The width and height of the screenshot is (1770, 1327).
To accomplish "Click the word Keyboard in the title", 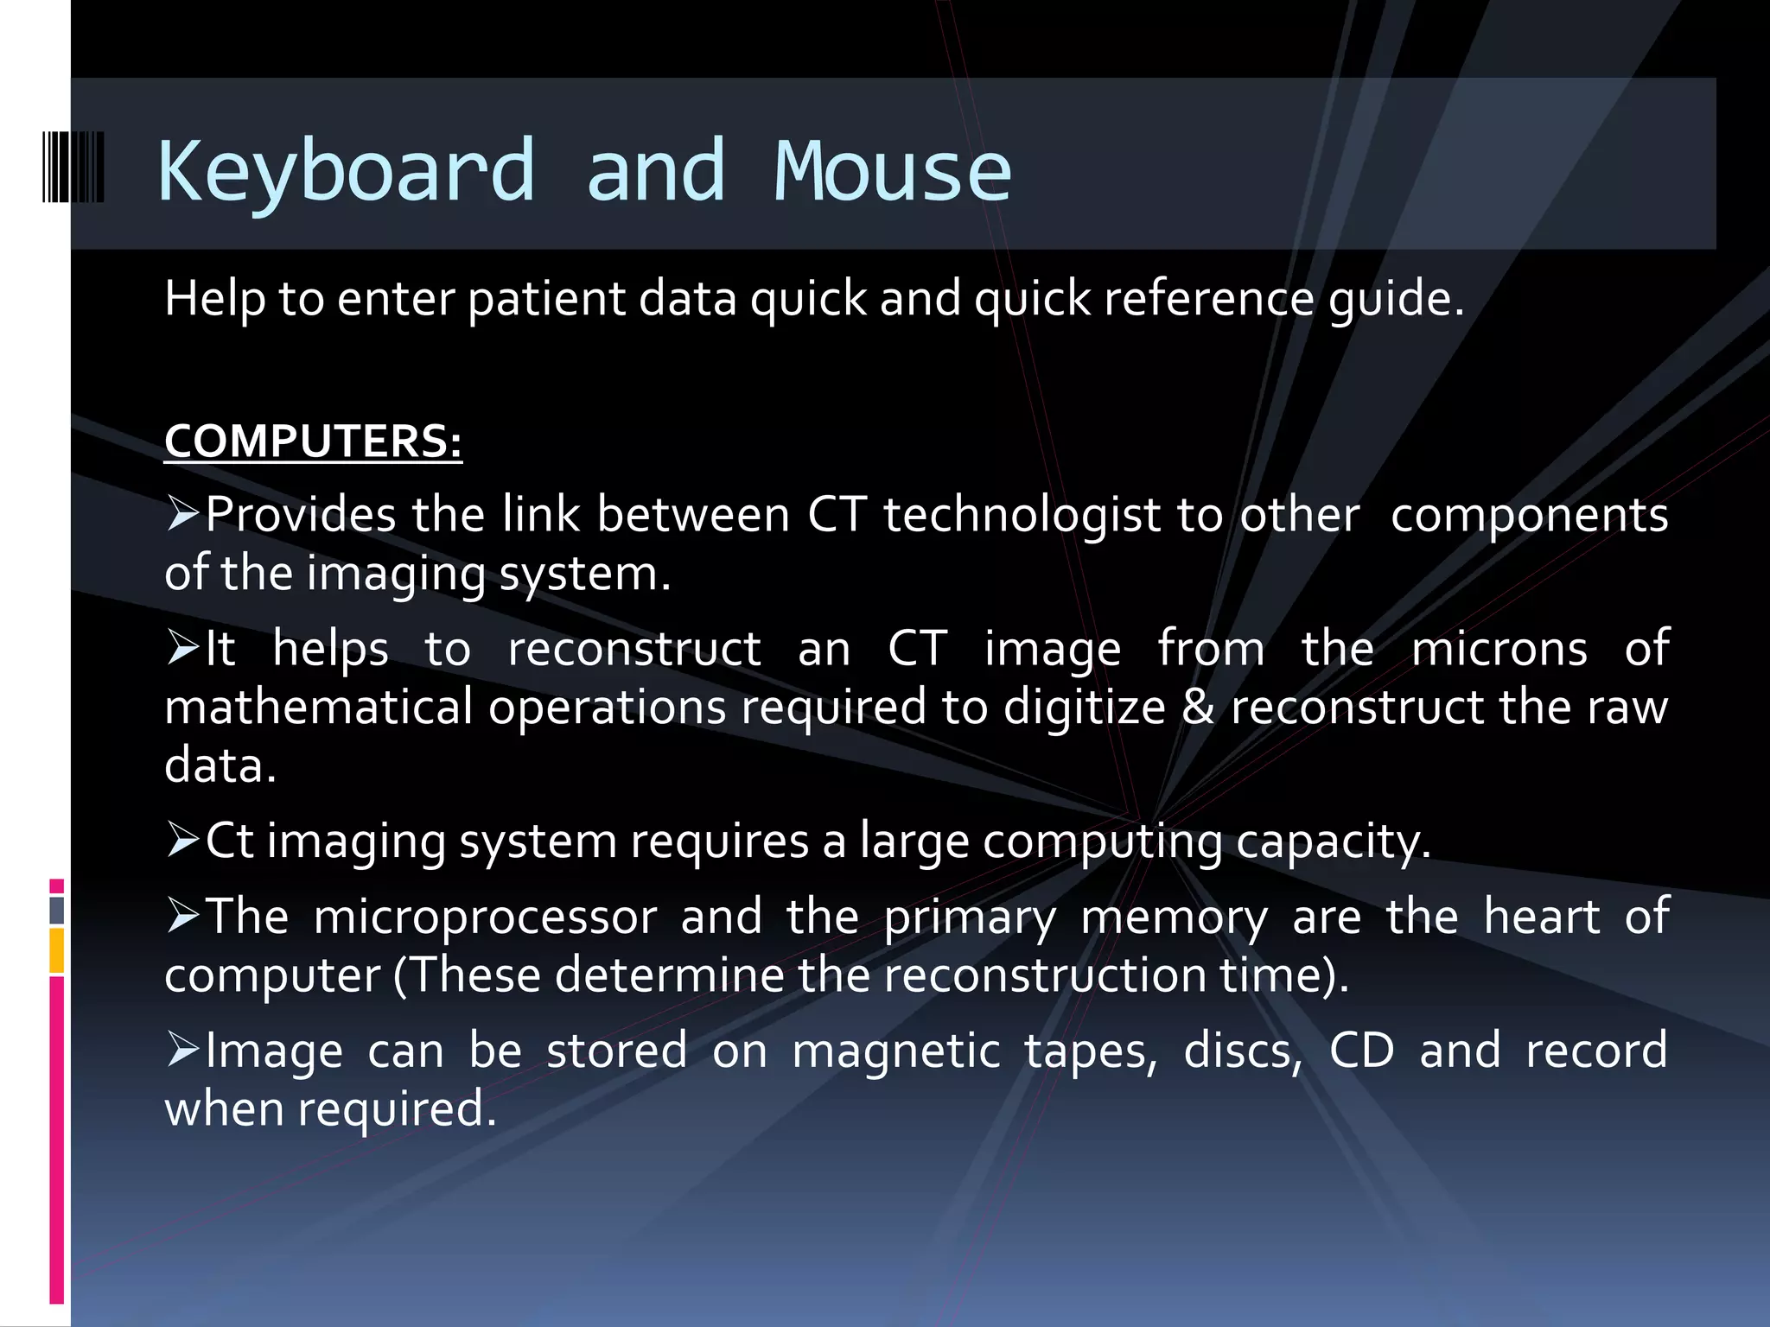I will click(346, 171).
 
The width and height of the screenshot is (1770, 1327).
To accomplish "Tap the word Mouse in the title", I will click(892, 171).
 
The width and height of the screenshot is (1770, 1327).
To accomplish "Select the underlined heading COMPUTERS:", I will click(313, 441).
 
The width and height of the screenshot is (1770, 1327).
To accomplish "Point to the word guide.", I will click(1395, 299).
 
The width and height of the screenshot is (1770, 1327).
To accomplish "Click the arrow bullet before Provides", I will click(182, 514).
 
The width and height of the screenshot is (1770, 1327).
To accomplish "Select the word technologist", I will click(1022, 516).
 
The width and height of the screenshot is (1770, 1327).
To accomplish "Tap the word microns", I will click(1499, 649).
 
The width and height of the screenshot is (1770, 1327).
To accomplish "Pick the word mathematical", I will click(318, 707).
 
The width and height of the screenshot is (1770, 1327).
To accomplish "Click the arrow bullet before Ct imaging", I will click(182, 840).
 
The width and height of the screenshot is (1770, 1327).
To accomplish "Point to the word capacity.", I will click(1333, 841).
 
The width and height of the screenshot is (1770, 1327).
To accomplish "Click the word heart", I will click(1541, 917).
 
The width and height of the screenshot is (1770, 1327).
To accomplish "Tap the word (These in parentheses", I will click(467, 975).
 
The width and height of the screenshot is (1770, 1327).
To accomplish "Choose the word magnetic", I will click(895, 1051).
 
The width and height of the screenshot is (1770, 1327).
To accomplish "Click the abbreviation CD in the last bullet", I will click(1361, 1051).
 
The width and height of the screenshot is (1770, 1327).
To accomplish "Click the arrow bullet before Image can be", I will click(182, 1050).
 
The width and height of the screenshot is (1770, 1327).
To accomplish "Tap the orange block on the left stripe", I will click(57, 950).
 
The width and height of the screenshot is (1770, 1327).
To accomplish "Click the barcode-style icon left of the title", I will click(73, 168).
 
